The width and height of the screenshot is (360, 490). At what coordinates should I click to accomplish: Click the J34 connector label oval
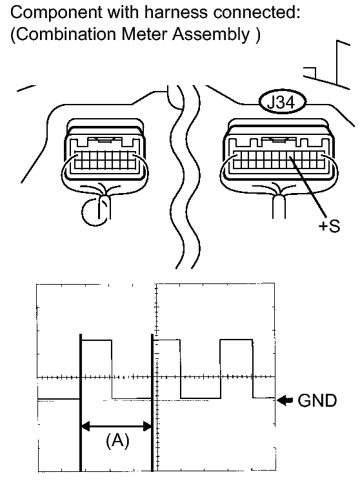[x=282, y=101]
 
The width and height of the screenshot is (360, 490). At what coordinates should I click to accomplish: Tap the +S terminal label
[x=329, y=225]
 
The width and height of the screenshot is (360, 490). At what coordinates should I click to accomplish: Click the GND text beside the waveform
[x=317, y=400]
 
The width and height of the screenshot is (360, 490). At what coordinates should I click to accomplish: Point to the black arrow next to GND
[x=285, y=400]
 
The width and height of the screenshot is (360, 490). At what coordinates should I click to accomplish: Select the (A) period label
[x=117, y=441]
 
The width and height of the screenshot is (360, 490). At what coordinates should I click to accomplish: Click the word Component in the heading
[x=56, y=14]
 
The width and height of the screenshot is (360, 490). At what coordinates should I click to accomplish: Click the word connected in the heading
[x=256, y=13]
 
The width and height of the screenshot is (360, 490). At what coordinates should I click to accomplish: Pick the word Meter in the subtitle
[x=145, y=34]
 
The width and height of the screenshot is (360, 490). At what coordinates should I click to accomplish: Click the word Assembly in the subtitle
[x=212, y=34]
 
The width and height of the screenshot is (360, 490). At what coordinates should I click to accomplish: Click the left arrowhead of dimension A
[x=85, y=426]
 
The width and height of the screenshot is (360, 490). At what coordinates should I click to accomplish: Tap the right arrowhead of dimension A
[x=147, y=426]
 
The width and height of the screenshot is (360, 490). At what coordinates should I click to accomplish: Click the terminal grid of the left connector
[x=105, y=159]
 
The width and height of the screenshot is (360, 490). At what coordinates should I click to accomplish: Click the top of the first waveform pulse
[x=96, y=340]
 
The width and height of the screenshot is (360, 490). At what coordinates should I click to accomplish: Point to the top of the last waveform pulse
[x=236, y=340]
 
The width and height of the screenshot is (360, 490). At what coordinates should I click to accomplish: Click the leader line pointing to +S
[x=308, y=187]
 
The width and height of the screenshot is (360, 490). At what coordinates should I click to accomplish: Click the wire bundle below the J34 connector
[x=279, y=207]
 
